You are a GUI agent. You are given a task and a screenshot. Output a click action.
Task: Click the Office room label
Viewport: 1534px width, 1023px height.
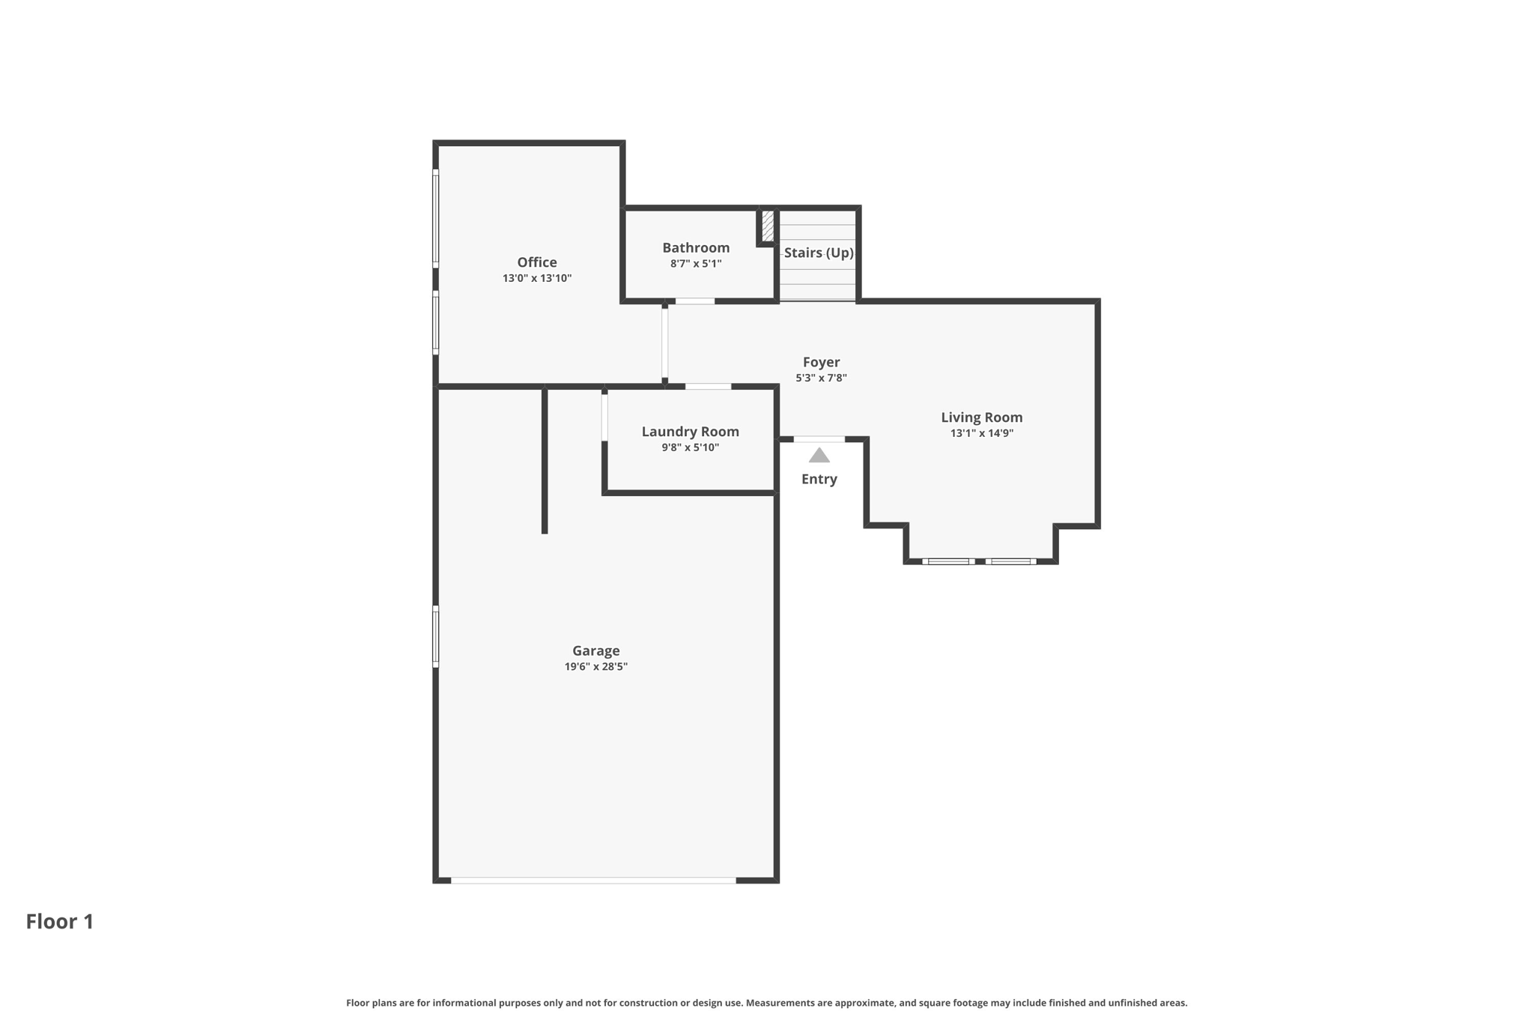[536, 262]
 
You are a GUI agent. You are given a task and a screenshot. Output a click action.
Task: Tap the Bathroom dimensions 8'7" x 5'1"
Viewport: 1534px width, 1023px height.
[695, 264]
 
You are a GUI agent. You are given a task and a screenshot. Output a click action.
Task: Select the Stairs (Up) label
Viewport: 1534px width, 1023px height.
[818, 253]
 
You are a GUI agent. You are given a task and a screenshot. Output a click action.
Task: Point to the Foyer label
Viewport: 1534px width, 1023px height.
[821, 362]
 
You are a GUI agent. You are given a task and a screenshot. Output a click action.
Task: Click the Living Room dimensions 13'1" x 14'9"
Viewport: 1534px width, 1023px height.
[981, 433]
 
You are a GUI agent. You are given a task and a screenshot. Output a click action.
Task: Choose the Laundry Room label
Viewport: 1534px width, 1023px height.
[690, 432]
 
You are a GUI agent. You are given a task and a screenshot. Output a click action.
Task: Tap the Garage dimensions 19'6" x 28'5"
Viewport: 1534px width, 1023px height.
[595, 666]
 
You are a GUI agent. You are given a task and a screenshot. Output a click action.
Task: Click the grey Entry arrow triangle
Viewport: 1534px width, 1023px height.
[819, 456]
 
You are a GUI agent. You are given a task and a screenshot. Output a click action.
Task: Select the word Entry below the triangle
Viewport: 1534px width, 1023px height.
[819, 479]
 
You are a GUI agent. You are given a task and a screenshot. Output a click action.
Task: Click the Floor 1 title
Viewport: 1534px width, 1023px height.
[60, 921]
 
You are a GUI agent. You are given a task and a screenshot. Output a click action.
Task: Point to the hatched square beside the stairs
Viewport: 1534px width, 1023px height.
[767, 226]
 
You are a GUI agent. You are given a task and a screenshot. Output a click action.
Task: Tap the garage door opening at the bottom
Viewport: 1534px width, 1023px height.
[593, 880]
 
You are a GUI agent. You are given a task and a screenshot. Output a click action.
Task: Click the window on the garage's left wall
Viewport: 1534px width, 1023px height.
[436, 636]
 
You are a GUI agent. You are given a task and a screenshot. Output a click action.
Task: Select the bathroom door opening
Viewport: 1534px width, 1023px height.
[694, 301]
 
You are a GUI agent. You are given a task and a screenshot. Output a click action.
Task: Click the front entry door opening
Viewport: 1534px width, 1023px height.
[819, 439]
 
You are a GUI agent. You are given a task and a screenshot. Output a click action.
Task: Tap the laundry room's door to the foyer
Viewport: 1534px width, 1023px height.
[708, 387]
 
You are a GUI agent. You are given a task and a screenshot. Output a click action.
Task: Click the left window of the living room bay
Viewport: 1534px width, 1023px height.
[948, 561]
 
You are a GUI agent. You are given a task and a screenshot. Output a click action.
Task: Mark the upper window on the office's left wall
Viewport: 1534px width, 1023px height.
[436, 218]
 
